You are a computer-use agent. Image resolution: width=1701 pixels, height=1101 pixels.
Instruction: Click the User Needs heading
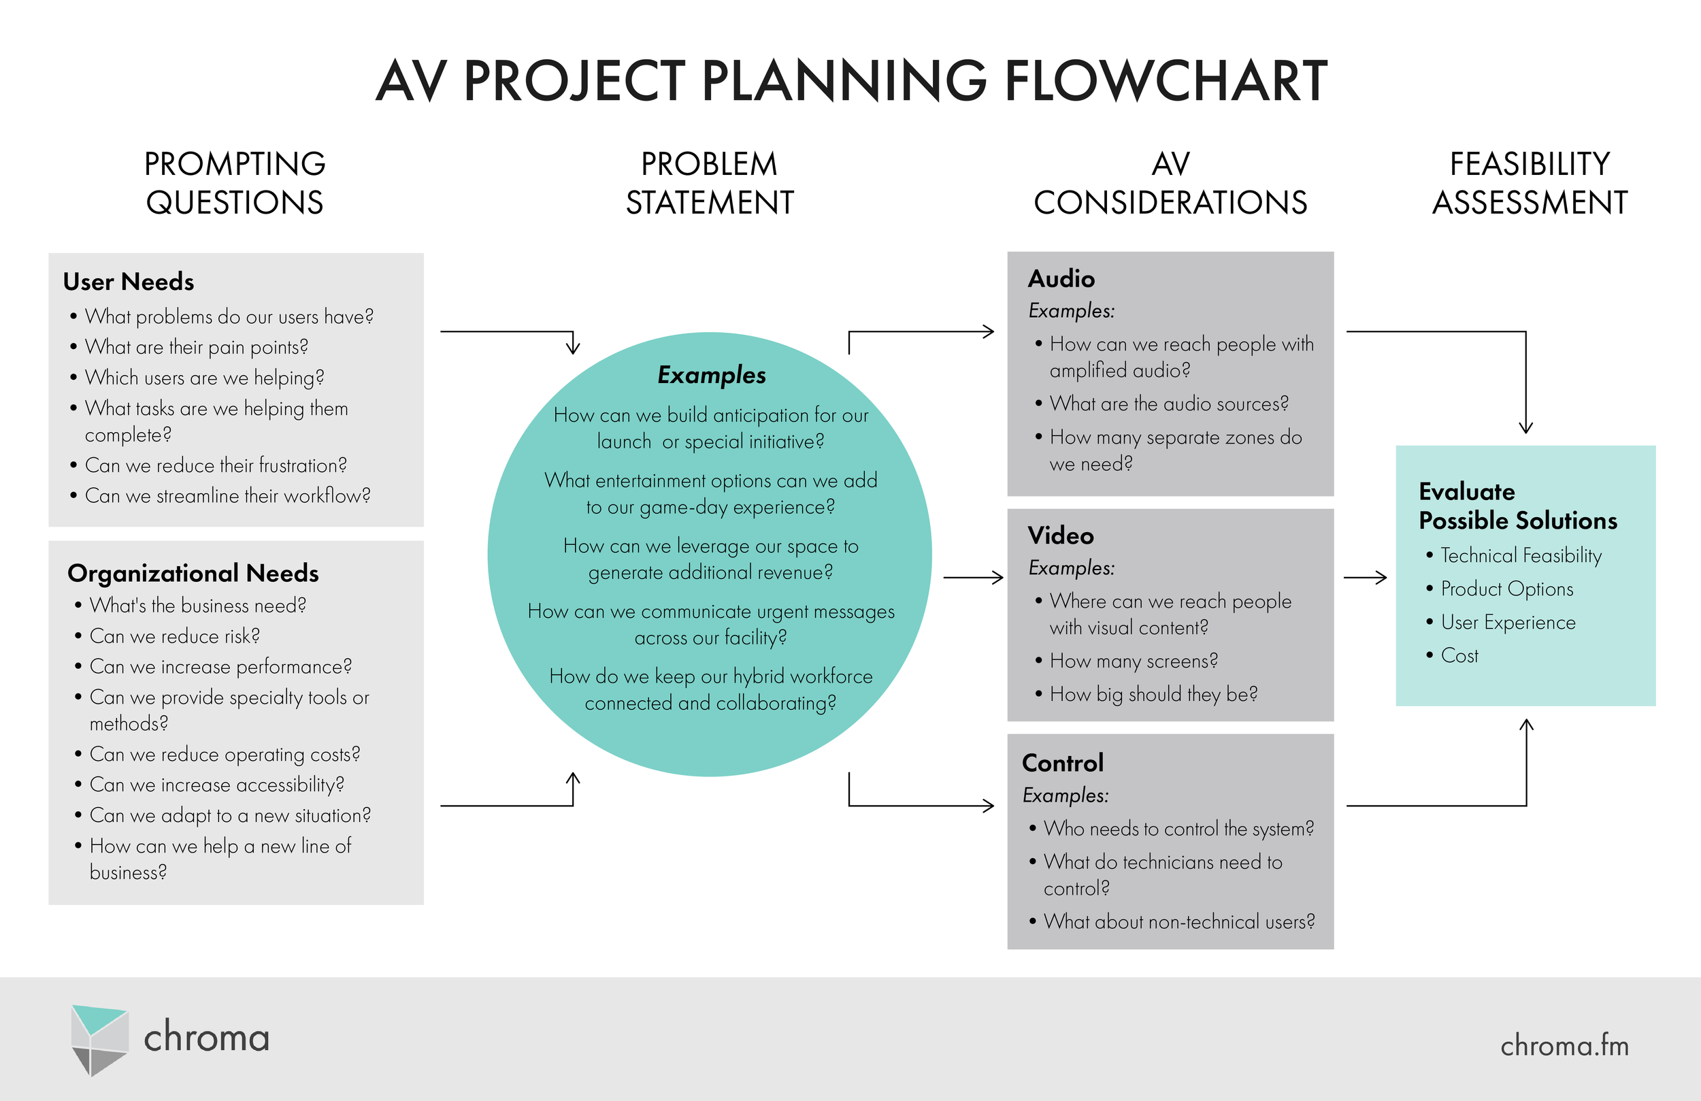coord(129,282)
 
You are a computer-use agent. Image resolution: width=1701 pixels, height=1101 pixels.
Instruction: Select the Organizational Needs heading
coord(193,574)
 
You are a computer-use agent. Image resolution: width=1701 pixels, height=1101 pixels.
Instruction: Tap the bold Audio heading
coord(1061,279)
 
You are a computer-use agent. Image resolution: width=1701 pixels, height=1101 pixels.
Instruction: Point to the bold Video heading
coord(1061,536)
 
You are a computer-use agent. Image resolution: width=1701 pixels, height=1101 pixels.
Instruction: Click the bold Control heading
coord(1063,763)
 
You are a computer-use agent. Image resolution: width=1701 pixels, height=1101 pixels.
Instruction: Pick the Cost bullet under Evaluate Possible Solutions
coord(1459,655)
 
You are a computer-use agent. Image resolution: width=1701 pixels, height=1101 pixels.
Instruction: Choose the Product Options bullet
coord(1506,589)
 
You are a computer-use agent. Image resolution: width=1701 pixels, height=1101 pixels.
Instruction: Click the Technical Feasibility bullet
coord(1520,555)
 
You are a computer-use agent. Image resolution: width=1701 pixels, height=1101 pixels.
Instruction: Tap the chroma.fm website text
coord(1564,1046)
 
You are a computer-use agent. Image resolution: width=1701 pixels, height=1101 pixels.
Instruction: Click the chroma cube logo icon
coord(99,1040)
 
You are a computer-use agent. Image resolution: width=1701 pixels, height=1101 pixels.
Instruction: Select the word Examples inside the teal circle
coord(711,375)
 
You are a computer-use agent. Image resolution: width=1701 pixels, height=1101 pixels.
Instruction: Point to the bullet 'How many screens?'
coord(1133,661)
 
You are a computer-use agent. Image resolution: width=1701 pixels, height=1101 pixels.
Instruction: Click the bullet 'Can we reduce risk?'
coord(174,636)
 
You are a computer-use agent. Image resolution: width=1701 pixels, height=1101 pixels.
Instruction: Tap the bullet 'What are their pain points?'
coord(197,348)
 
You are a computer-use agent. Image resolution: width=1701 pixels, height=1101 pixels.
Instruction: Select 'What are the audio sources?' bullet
coord(1168,404)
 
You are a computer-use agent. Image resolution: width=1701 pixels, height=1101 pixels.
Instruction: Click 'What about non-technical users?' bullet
coord(1178,922)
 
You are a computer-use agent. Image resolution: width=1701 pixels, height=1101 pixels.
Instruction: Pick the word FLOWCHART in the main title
coord(1166,81)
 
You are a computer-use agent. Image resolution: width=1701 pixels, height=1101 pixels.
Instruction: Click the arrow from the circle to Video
coord(974,578)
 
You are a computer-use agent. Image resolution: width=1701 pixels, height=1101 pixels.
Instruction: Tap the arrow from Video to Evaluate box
coord(1364,578)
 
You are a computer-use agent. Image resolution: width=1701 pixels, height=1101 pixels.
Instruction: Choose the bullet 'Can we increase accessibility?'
coord(216,785)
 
